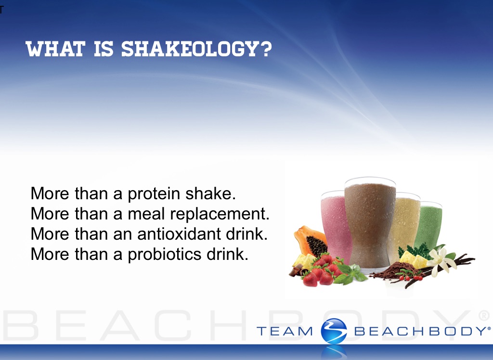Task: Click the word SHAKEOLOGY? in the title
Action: click(196, 49)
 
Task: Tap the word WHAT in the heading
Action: click(55, 49)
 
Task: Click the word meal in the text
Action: click(146, 214)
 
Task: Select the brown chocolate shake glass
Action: click(370, 223)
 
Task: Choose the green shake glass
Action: click(429, 225)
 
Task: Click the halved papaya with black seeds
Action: click(310, 241)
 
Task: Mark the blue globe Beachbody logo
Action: click(334, 331)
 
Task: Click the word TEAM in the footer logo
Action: click(285, 332)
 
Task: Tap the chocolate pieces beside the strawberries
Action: click(297, 270)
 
